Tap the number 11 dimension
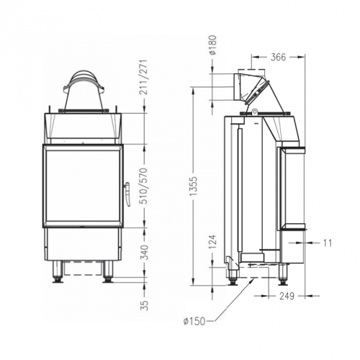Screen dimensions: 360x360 point(328,243)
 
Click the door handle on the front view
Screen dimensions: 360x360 point(127,194)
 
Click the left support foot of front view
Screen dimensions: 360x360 point(57,272)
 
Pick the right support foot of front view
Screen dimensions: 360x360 point(108,272)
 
